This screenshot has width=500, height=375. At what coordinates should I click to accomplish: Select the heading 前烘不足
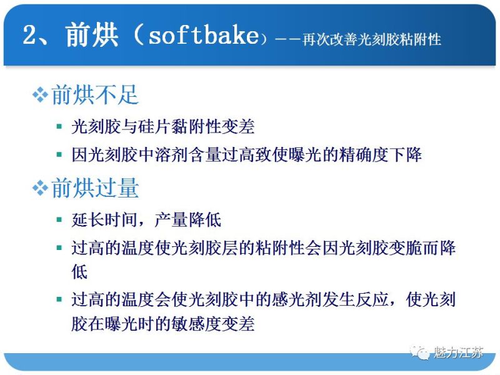point(94,95)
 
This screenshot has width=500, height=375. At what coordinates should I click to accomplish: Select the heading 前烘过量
point(94,188)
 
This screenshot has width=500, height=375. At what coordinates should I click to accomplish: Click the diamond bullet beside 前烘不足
point(40,96)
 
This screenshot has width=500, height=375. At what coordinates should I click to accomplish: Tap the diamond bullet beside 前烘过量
point(40,189)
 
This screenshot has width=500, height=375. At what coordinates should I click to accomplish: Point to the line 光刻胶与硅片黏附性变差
point(163,127)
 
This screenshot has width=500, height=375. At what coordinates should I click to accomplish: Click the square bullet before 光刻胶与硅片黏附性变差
point(59,127)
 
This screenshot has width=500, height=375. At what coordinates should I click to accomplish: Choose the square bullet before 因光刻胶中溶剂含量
point(59,154)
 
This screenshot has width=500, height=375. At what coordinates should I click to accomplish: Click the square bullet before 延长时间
point(59,220)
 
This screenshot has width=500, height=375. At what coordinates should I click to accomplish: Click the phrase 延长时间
point(102,220)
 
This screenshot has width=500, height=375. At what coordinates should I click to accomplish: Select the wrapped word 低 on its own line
point(79,272)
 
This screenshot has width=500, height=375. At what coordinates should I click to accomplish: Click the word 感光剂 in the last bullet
point(271,299)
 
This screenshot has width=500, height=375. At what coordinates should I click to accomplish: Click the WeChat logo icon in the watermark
point(421,352)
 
